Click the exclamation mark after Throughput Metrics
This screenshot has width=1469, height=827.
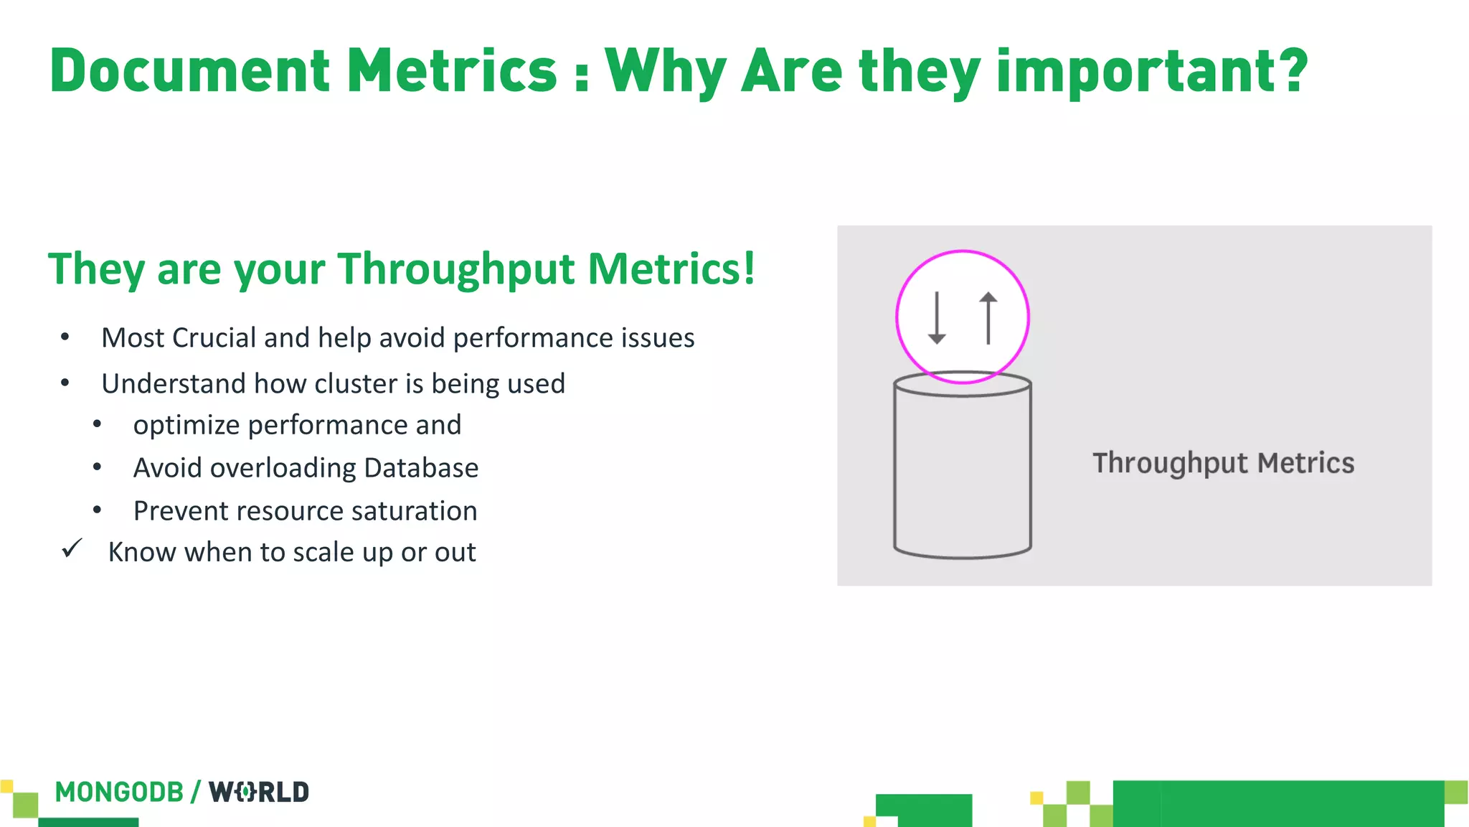coord(749,268)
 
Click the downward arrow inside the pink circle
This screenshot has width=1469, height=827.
coord(937,318)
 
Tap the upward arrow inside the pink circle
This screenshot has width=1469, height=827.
coord(988,318)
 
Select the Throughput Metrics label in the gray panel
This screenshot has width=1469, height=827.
coord(1223,463)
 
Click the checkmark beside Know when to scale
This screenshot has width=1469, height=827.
coord(72,549)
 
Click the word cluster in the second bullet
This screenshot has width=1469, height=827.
coord(356,384)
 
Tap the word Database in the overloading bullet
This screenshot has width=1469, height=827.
coord(421,468)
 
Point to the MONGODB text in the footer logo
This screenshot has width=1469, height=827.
coord(119,793)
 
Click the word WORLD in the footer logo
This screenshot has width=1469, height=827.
coord(259,793)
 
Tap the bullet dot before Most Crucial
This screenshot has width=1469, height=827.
coord(65,337)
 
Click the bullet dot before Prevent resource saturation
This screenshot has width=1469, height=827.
coord(97,510)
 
